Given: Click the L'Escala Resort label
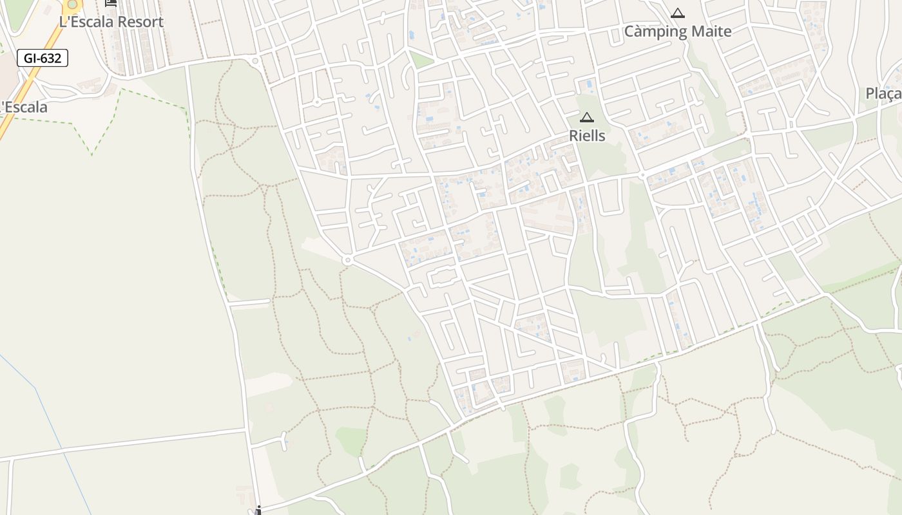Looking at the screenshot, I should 111,22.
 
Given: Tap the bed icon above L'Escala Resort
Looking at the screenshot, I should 111,3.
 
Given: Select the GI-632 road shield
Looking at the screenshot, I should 43,58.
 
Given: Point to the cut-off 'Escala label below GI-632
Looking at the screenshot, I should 24,107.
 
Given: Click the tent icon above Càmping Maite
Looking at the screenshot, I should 677,13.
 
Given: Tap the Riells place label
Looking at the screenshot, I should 587,136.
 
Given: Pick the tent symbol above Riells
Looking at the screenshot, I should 586,117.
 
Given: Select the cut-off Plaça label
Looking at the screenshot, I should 884,94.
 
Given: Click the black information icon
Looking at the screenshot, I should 258,510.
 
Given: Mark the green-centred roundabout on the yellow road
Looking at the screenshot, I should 72,4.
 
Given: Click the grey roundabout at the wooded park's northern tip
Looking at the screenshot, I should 256,61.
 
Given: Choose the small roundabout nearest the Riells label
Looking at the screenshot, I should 642,175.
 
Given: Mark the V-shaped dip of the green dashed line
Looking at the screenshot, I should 92,154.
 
